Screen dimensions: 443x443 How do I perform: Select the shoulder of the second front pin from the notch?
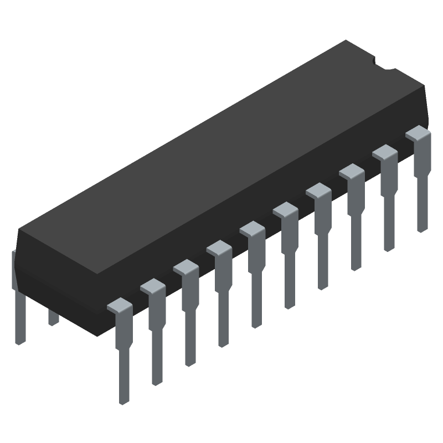[385, 152]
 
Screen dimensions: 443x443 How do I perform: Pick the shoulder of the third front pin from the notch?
[352, 172]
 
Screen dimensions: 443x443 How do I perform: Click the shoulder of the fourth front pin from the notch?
[318, 191]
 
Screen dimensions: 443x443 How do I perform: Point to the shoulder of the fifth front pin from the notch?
[285, 210]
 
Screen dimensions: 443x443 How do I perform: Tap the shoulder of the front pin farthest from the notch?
[120, 305]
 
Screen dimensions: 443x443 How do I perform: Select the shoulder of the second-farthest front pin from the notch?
[153, 286]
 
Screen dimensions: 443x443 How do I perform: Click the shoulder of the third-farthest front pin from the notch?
[186, 267]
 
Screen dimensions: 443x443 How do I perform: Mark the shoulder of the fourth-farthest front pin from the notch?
[219, 248]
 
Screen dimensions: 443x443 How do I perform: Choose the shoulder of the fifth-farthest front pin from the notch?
[252, 229]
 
